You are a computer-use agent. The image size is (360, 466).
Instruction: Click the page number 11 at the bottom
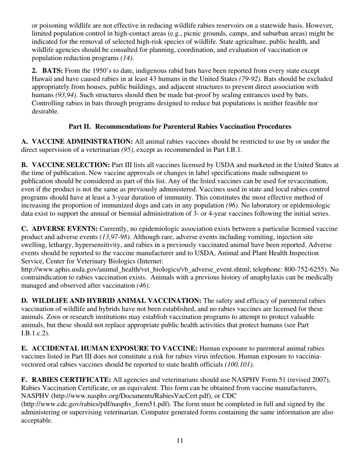180,441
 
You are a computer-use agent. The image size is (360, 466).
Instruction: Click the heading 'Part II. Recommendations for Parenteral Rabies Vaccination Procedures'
180,127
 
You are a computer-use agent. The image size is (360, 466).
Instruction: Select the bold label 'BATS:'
53,71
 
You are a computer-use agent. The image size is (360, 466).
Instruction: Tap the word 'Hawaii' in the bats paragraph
41,79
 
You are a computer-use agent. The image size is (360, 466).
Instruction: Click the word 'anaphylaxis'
259,277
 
